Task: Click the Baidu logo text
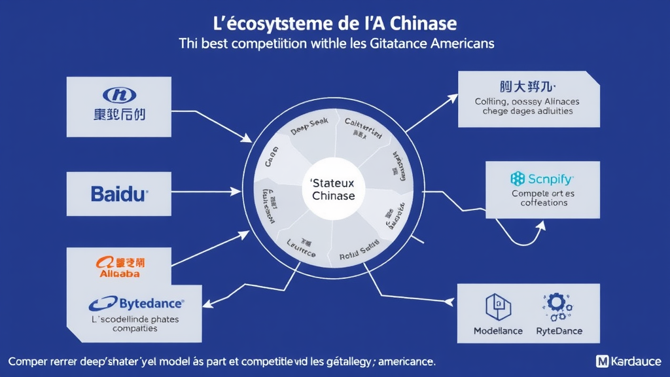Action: pos(120,193)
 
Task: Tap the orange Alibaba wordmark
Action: pos(119,274)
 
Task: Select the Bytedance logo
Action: pos(137,303)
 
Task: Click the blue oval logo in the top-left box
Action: pos(120,96)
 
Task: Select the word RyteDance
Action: pos(558,331)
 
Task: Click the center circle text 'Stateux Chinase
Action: pos(333,190)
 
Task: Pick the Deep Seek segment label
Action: pos(308,130)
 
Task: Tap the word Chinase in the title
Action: pos(422,24)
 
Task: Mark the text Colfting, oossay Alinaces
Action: pos(527,102)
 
